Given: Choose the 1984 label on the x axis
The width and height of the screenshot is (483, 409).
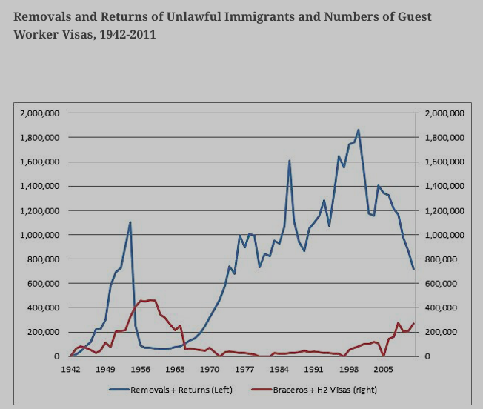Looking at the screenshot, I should click(279, 368).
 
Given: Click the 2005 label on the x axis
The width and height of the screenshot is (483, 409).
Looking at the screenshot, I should click(384, 368).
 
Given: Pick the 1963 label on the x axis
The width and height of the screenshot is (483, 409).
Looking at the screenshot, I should click(175, 368).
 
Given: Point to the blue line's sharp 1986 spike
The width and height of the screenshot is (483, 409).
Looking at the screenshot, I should click(289, 160).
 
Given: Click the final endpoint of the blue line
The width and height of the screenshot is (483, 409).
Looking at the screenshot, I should click(413, 270).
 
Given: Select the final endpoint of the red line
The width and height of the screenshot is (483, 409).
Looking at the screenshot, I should click(413, 323).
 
